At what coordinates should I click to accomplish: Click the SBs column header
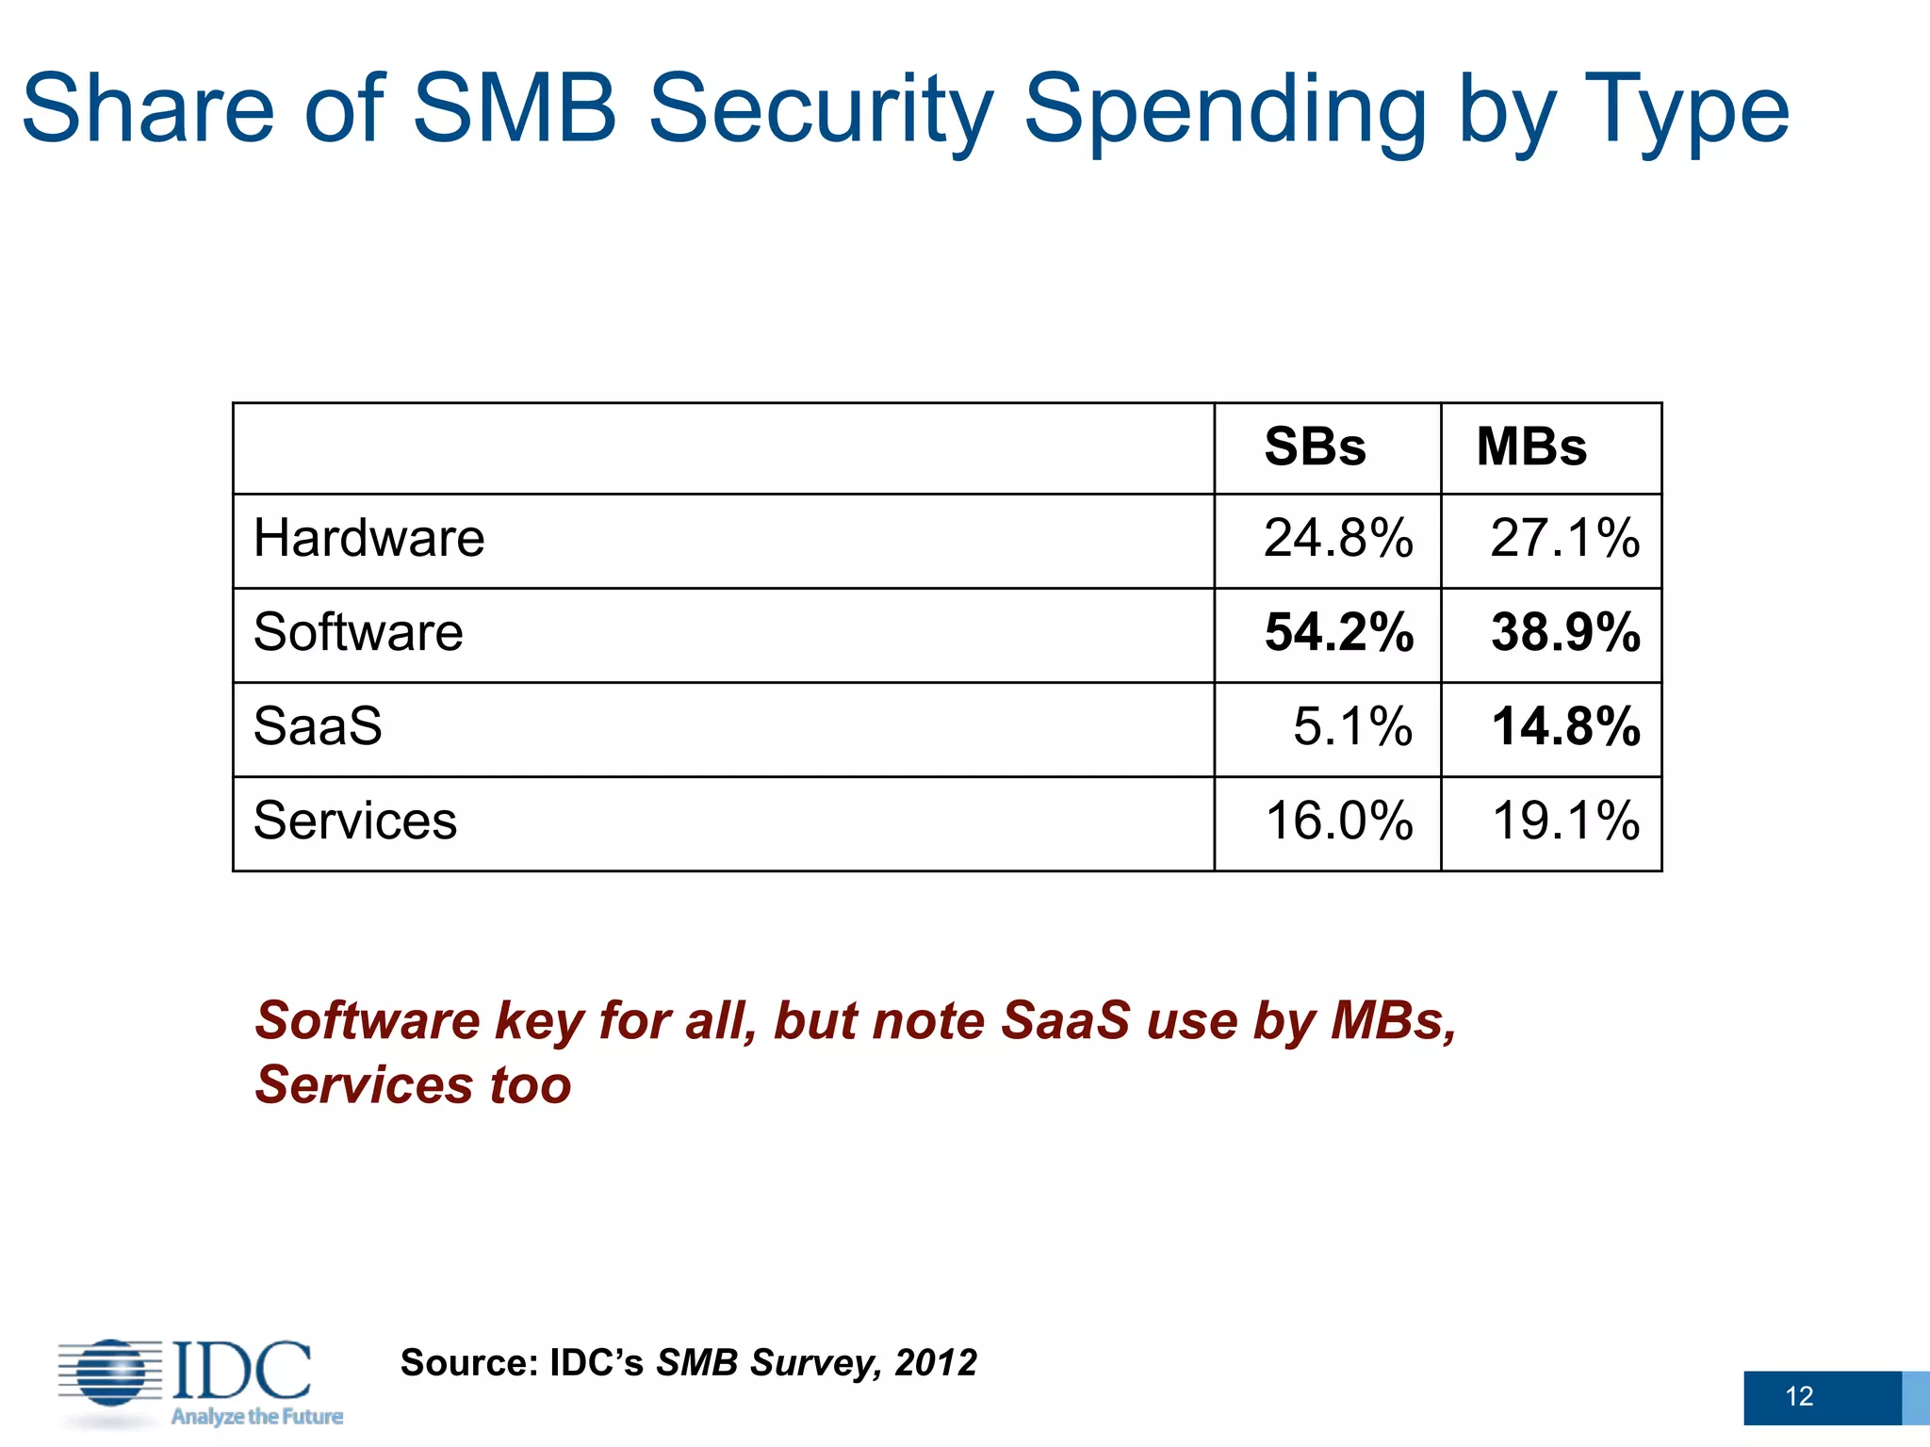pyautogui.click(x=1315, y=447)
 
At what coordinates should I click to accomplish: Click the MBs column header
pyautogui.click(x=1531, y=447)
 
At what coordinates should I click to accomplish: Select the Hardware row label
pyautogui.click(x=368, y=539)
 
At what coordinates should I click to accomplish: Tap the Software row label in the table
pyautogui.click(x=358, y=632)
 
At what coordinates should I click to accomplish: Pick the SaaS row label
pyautogui.click(x=318, y=726)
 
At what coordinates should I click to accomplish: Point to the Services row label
pyautogui.click(x=355, y=821)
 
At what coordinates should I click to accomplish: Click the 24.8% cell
pyautogui.click(x=1338, y=539)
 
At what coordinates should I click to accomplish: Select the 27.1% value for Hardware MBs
pyautogui.click(x=1564, y=539)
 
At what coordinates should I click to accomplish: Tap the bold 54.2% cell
pyautogui.click(x=1338, y=632)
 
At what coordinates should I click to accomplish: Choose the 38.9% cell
pyautogui.click(x=1565, y=632)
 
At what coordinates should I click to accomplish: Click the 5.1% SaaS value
pyautogui.click(x=1352, y=726)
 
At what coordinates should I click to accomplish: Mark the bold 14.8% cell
pyautogui.click(x=1565, y=726)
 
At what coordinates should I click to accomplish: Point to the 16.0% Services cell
pyautogui.click(x=1338, y=821)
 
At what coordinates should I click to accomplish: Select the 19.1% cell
pyautogui.click(x=1565, y=821)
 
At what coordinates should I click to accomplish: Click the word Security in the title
pyautogui.click(x=820, y=111)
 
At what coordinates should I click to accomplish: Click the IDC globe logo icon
pyautogui.click(x=111, y=1372)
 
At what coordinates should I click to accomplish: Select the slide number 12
pyautogui.click(x=1799, y=1396)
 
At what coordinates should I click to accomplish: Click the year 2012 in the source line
pyautogui.click(x=936, y=1363)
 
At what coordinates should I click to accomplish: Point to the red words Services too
pyautogui.click(x=413, y=1085)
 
